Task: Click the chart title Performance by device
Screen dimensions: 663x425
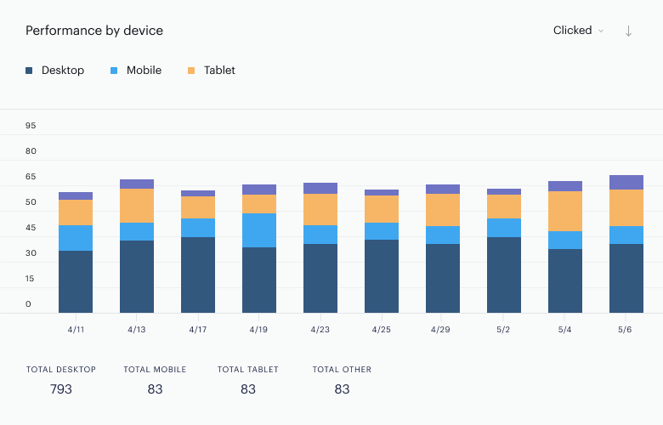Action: click(x=94, y=31)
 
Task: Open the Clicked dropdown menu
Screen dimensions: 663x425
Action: click(x=578, y=31)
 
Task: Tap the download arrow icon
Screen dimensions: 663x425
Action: click(x=628, y=31)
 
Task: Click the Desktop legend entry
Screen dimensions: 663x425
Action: click(x=55, y=71)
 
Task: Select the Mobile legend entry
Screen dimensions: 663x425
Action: click(x=136, y=71)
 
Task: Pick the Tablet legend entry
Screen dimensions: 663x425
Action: click(x=212, y=71)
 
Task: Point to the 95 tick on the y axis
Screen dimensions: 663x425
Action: click(x=31, y=126)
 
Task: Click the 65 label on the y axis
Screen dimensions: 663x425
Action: click(x=31, y=177)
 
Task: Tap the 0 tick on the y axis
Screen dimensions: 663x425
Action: click(x=28, y=304)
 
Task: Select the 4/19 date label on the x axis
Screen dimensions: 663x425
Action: click(x=258, y=330)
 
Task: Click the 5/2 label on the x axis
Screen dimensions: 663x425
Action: click(x=503, y=330)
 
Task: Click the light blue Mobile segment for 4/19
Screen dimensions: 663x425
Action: click(x=259, y=230)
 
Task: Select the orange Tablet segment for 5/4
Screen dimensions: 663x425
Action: click(x=565, y=212)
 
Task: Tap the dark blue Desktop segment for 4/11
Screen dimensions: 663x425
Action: click(x=76, y=281)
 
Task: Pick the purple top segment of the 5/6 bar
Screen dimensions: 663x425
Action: click(x=626, y=182)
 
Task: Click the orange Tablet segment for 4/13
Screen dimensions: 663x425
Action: click(x=137, y=206)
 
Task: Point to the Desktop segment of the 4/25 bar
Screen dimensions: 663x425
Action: click(x=382, y=276)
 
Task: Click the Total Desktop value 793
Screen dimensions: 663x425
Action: click(x=61, y=389)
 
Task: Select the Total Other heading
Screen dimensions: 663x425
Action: click(x=342, y=370)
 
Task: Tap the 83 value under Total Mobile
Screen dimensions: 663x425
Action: click(x=155, y=389)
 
